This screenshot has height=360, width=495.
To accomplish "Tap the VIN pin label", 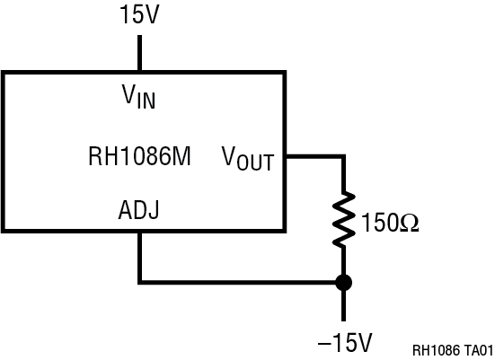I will [x=139, y=95].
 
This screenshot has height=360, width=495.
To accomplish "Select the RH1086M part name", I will [x=139, y=157].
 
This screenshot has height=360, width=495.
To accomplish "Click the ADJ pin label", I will [x=139, y=214].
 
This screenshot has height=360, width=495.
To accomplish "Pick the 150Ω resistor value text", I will [x=391, y=220].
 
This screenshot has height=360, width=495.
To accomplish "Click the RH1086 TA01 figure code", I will [x=453, y=349].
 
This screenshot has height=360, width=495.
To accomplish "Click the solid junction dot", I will [x=343, y=282].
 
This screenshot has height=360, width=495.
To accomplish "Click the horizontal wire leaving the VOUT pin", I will [x=314, y=156].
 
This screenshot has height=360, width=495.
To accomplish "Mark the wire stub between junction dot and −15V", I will [x=343, y=305].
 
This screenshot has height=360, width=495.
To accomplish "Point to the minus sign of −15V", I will [x=321, y=342].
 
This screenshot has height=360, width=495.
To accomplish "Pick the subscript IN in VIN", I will [x=146, y=101].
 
